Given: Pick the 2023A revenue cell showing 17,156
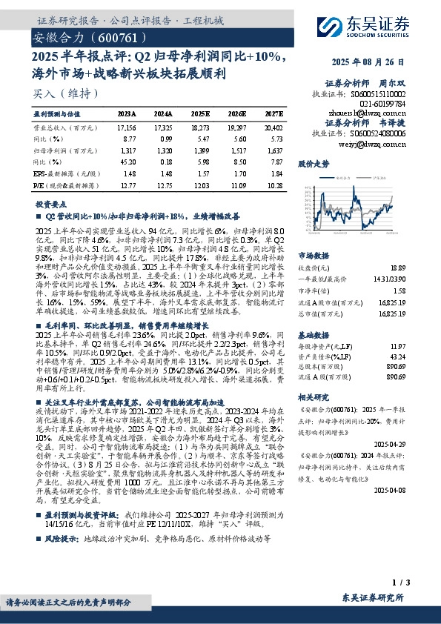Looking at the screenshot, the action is point(125,127).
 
